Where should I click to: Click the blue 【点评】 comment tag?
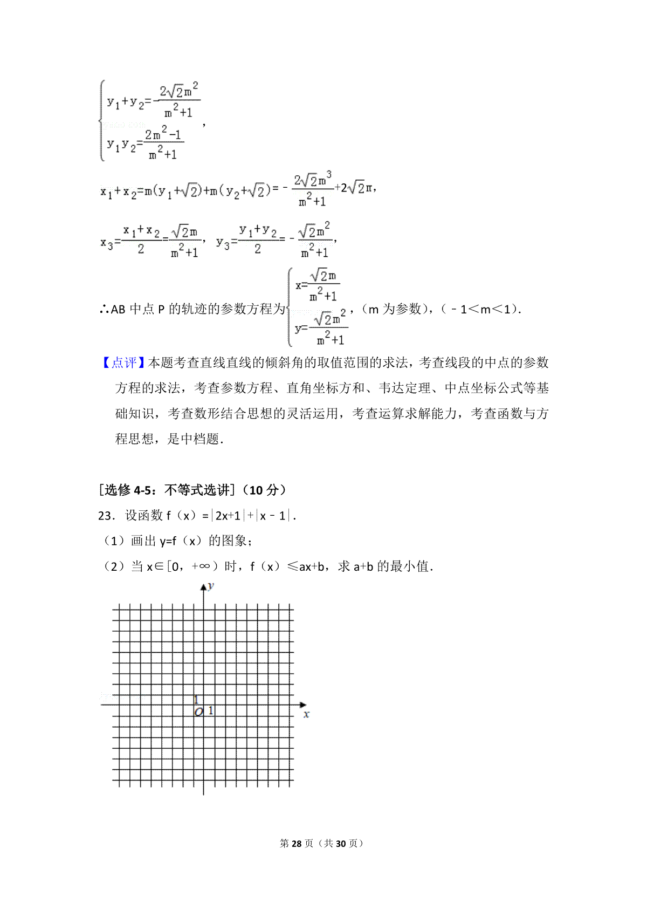tap(123, 363)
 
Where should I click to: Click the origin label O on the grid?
tap(198, 712)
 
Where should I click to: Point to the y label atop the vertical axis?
tap(211, 586)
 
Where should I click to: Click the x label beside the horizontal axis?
tap(306, 714)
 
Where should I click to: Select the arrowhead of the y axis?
tap(203, 587)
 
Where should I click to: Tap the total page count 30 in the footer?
tap(340, 843)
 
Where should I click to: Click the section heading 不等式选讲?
tap(197, 490)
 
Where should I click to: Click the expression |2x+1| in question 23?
tap(227, 516)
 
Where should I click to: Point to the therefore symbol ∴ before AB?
tap(105, 310)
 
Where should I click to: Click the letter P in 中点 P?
tap(161, 310)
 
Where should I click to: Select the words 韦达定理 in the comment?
tap(405, 388)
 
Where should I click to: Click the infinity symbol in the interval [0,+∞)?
tap(203, 566)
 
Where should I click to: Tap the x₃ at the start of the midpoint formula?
tap(106, 243)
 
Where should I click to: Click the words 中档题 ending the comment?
tap(199, 439)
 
